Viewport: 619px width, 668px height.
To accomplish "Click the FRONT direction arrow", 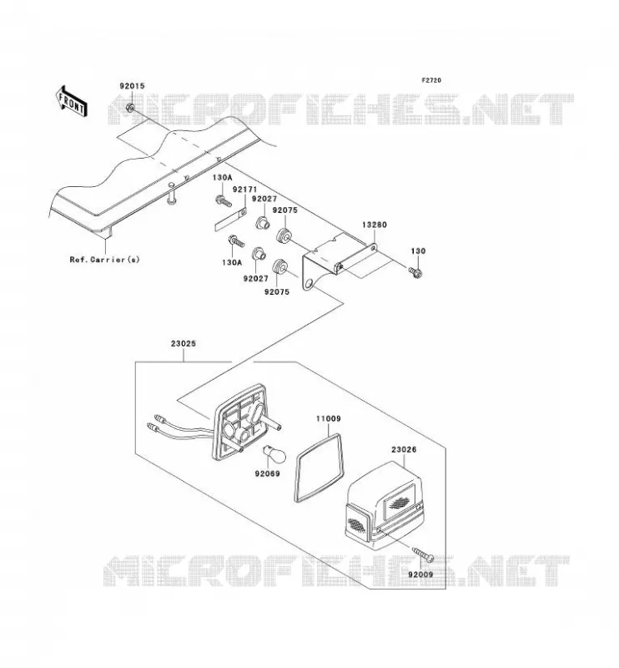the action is point(71,101).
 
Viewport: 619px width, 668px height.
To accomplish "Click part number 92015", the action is point(132,86).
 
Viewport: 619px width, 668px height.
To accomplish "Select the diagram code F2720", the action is point(431,80).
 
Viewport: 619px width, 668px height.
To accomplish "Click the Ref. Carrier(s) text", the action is point(105,259).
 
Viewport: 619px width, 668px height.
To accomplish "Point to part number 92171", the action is point(244,190).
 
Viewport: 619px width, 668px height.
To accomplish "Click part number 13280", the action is point(375,225).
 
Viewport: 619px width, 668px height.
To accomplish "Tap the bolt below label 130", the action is point(415,272).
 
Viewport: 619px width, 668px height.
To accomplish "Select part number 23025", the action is point(184,343).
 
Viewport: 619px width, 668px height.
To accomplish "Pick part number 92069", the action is point(267,473).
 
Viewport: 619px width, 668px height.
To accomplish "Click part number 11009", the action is point(328,419).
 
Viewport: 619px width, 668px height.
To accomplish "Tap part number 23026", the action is point(404,449).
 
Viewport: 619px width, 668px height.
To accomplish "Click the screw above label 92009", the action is point(424,554).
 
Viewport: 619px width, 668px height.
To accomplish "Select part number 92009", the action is point(420,574).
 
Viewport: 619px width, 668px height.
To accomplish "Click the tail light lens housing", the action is point(385,505).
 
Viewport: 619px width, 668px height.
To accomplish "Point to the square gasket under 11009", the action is point(320,468).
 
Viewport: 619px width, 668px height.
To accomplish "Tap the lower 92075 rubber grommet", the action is point(280,266).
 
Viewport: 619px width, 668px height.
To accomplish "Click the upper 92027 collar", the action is point(262,222).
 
